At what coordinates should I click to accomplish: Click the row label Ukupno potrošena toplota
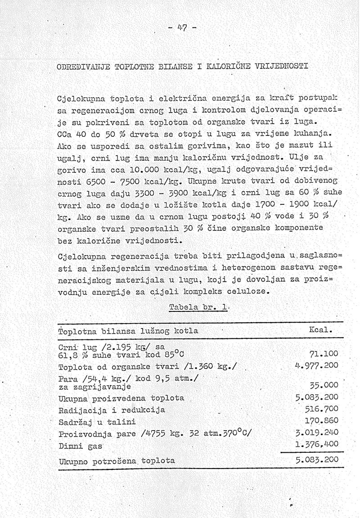tap(117, 461)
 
